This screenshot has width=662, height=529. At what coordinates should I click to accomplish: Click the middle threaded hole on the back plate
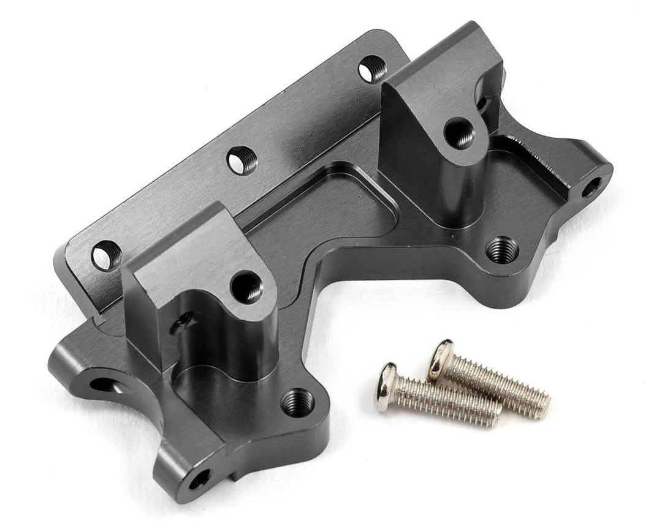point(242,161)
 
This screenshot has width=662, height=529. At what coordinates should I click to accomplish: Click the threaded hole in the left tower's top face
point(246,287)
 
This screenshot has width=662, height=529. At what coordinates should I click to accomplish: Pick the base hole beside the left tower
point(298,402)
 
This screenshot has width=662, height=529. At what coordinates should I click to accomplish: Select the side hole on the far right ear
point(591,186)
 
